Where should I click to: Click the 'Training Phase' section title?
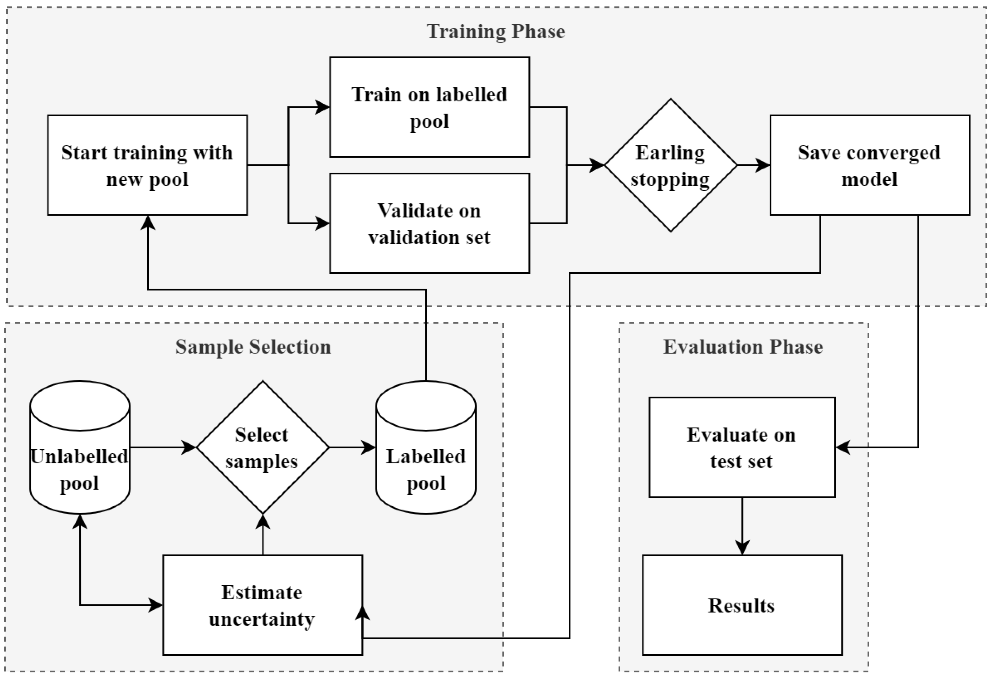(x=496, y=32)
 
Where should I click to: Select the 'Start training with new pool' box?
(x=147, y=165)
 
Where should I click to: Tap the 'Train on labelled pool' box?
(x=429, y=107)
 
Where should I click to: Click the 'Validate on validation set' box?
(x=429, y=223)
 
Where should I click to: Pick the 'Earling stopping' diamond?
(x=670, y=165)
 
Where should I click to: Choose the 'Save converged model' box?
(x=870, y=165)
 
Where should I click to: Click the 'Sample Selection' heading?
(x=253, y=347)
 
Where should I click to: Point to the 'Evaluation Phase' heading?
(x=743, y=347)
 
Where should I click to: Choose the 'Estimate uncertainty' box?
(x=262, y=605)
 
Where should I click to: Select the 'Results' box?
(x=742, y=605)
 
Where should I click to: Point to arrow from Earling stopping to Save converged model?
(x=753, y=165)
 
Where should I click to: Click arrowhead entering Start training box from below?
(x=148, y=223)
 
